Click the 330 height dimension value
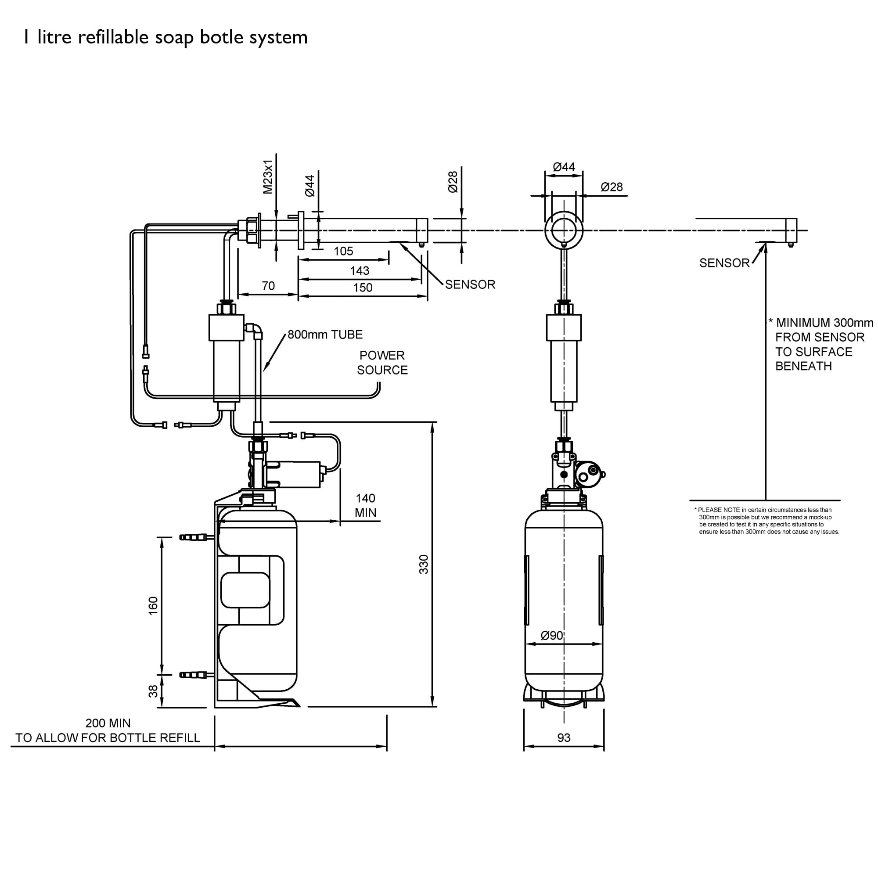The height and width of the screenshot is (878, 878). click(x=424, y=564)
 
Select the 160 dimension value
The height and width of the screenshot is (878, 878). click(x=153, y=606)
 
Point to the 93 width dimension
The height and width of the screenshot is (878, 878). click(x=564, y=738)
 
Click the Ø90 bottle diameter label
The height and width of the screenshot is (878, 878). click(x=552, y=636)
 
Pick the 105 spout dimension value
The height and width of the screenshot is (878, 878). click(x=343, y=251)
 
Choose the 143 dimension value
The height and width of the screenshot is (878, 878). click(x=360, y=271)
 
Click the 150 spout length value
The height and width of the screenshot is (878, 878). click(x=363, y=288)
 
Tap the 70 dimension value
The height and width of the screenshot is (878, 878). click(x=268, y=286)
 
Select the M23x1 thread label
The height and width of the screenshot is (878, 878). click(x=268, y=177)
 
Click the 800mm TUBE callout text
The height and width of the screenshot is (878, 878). click(x=325, y=335)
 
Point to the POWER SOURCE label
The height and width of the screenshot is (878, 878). click(x=382, y=363)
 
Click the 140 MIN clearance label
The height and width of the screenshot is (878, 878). click(x=365, y=505)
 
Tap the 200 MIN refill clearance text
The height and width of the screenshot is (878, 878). click(x=108, y=723)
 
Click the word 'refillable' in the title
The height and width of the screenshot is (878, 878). click(x=113, y=37)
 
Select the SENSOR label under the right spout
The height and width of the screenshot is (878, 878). click(x=724, y=263)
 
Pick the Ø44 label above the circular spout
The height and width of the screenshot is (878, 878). click(x=564, y=167)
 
